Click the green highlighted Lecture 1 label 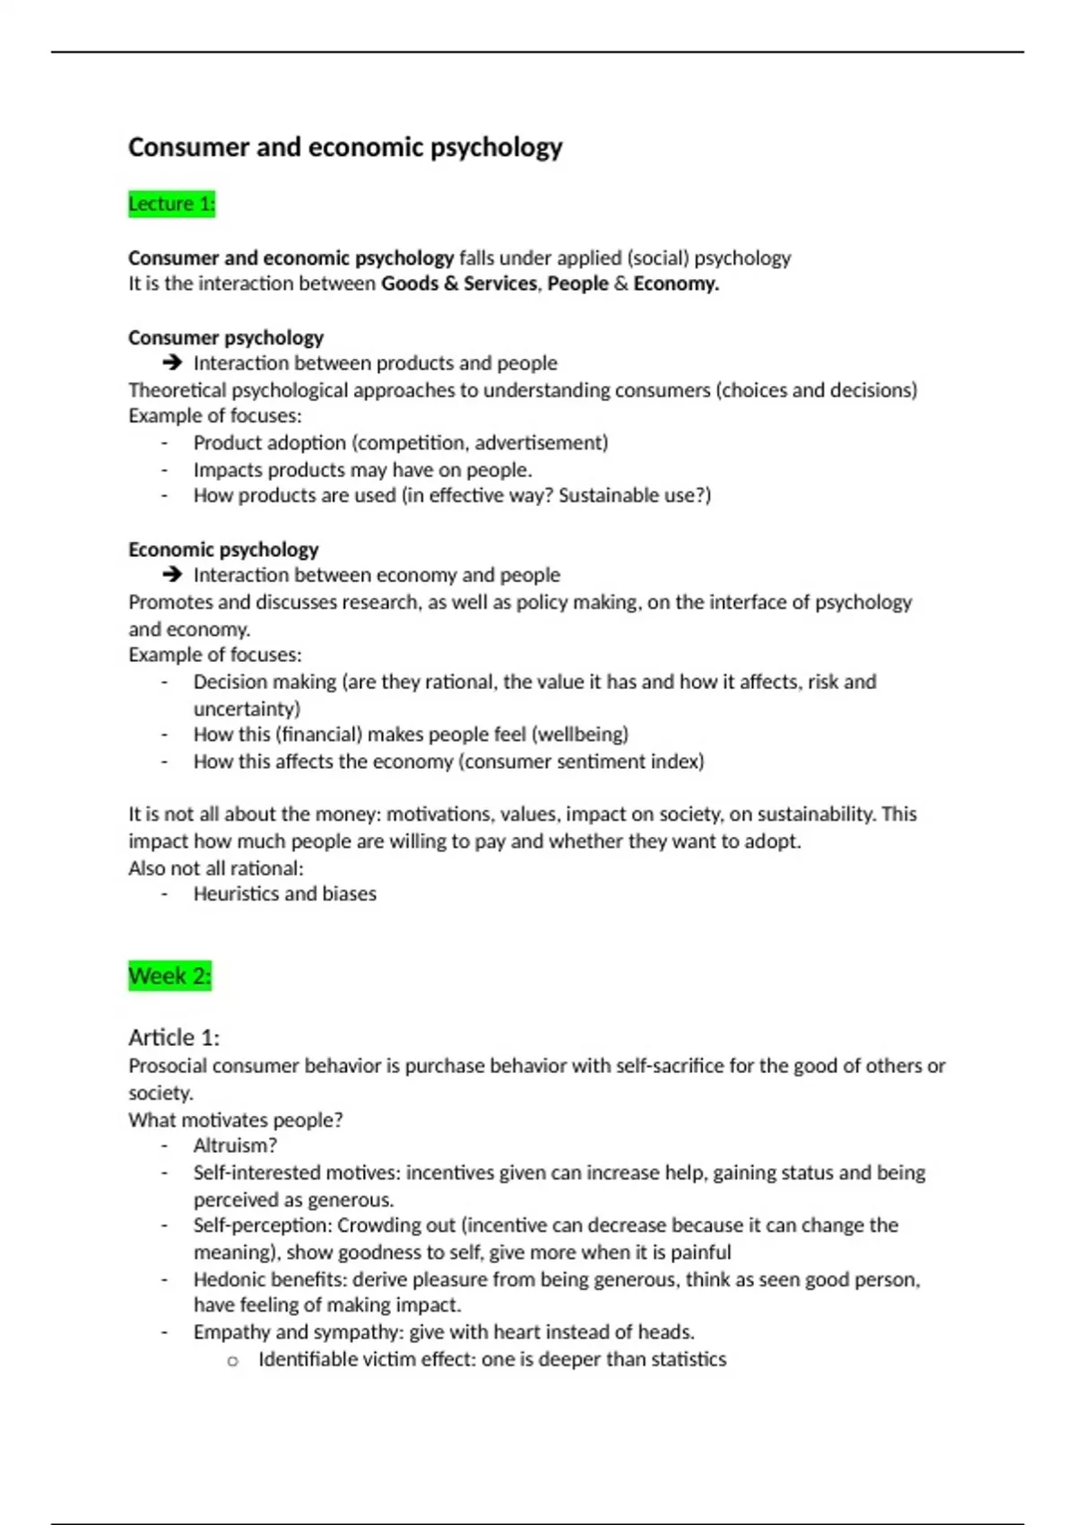point(171,205)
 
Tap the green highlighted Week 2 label point(169,976)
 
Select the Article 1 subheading point(174,1038)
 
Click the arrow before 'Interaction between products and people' point(172,363)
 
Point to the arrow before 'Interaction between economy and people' point(172,575)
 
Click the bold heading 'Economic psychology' point(223,550)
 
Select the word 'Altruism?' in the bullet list point(235,1146)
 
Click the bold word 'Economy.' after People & point(676,284)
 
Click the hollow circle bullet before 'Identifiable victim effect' point(233,1361)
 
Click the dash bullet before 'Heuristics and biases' point(165,893)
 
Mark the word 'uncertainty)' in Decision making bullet point(247,709)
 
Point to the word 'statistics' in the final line point(689,1360)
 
